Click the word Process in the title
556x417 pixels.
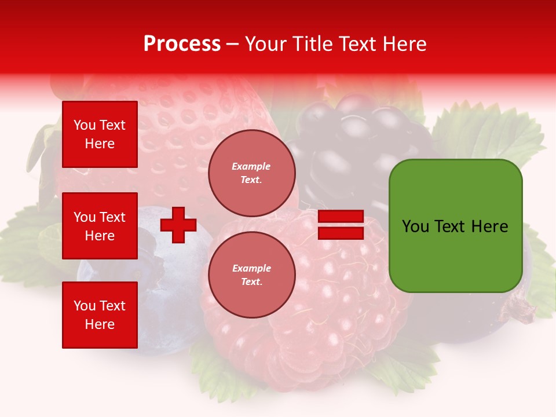(x=182, y=44)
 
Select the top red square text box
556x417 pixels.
(x=100, y=134)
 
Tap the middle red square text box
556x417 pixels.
(x=100, y=226)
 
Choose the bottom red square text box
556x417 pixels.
(x=100, y=315)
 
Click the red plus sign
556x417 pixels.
(x=178, y=225)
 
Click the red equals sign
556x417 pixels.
(x=341, y=225)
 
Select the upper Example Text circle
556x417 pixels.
(x=251, y=173)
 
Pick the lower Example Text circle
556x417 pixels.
(x=251, y=275)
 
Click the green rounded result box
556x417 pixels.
(x=455, y=226)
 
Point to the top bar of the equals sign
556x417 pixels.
(x=341, y=217)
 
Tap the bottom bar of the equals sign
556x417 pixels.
(x=341, y=233)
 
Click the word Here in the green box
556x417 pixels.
(x=489, y=226)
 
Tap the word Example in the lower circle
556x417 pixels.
(x=251, y=268)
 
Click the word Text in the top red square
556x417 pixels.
(x=112, y=125)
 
